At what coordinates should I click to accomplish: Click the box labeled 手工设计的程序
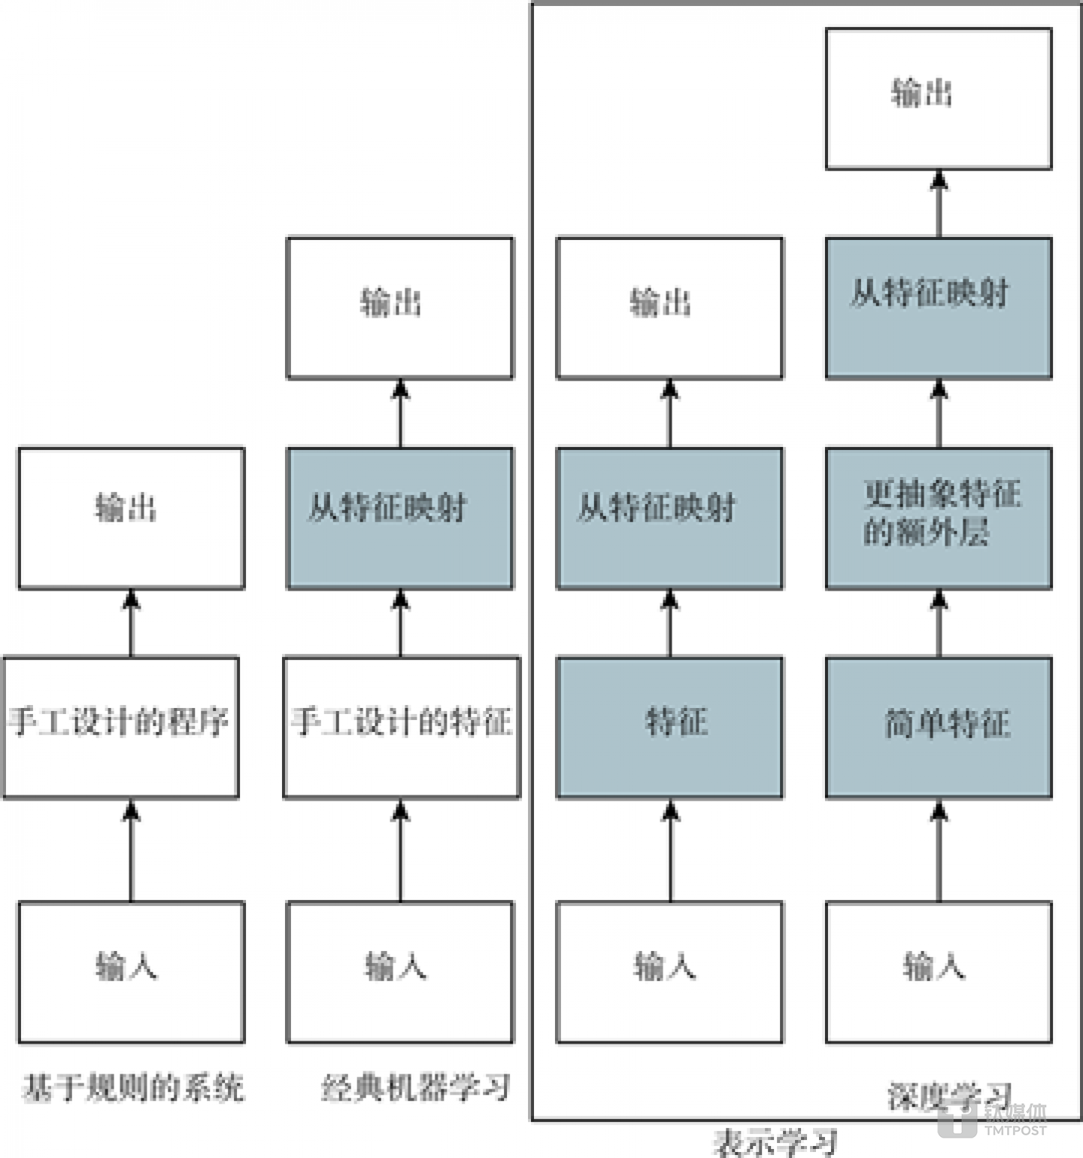coord(121,727)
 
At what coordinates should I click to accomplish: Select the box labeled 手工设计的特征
coord(402,727)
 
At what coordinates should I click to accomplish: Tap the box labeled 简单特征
coord(939,727)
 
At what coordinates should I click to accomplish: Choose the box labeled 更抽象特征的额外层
coord(939,518)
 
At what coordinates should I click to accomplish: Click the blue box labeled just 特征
coord(669,727)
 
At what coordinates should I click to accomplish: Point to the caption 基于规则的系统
coord(132,1088)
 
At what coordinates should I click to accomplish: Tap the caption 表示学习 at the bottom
coord(775,1142)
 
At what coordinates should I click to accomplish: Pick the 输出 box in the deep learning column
coord(939,99)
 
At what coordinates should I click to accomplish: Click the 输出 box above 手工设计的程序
coord(132,518)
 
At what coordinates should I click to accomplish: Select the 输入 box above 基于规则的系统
coord(132,971)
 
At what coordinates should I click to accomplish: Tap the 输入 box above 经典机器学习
coord(400,971)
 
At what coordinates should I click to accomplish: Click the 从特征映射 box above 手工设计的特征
coord(400,518)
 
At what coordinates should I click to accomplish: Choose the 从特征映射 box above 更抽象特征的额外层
coord(939,308)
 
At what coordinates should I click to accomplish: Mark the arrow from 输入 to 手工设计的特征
coord(400,850)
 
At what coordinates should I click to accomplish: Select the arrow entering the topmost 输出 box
coord(939,203)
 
